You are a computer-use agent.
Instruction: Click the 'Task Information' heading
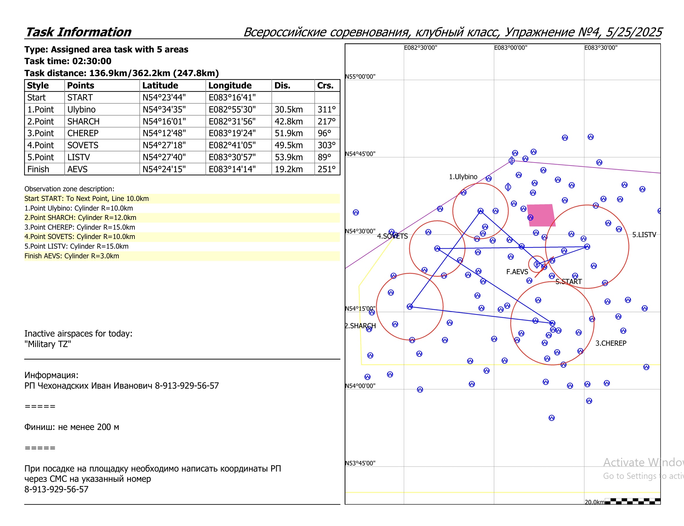coord(78,32)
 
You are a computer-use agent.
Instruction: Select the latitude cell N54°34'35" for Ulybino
coord(164,110)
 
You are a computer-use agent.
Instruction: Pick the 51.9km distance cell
coord(289,133)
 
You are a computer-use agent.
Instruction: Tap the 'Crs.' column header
coord(325,86)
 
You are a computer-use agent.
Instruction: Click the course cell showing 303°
coord(326,145)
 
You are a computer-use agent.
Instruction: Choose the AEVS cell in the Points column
coord(77,169)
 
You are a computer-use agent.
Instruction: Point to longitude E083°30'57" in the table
coord(232,157)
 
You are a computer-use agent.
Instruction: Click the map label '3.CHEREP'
coord(611,343)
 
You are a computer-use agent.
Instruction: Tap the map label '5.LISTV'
coord(644,235)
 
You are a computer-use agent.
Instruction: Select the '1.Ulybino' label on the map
coord(463,177)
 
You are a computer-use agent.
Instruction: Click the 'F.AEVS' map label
coord(517,272)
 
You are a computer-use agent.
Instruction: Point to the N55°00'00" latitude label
coord(360,77)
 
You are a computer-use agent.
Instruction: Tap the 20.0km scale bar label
coord(594,502)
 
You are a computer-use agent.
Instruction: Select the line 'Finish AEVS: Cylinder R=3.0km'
coord(72,256)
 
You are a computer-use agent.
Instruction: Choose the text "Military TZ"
coord(48,344)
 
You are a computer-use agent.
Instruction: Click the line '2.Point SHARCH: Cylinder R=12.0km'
coord(80,218)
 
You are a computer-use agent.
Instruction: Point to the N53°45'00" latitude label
coord(360,463)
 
